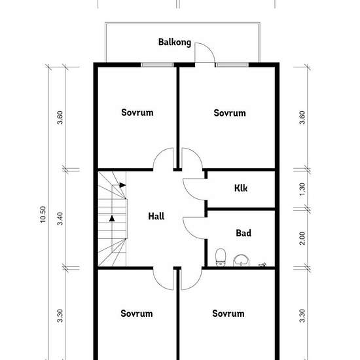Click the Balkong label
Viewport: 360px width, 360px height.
click(175, 43)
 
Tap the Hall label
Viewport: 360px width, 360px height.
click(156, 216)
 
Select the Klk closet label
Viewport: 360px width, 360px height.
click(241, 188)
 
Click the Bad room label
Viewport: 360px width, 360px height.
click(243, 233)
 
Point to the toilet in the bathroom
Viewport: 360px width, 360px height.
click(221, 257)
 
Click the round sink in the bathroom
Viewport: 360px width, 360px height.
click(242, 261)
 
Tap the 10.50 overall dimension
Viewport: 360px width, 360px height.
click(43, 215)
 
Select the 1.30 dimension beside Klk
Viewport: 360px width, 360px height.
click(302, 189)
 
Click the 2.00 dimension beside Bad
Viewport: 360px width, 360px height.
click(302, 238)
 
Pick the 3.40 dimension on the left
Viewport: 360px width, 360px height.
click(60, 219)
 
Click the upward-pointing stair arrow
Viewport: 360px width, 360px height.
click(112, 218)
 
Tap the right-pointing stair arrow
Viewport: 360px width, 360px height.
click(122, 185)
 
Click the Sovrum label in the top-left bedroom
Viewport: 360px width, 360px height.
click(137, 113)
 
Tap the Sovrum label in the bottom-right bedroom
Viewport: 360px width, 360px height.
click(228, 314)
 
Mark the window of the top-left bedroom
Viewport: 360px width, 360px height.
click(157, 65)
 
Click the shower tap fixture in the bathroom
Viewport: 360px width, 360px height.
click(262, 264)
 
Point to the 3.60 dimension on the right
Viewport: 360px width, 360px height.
click(302, 118)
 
